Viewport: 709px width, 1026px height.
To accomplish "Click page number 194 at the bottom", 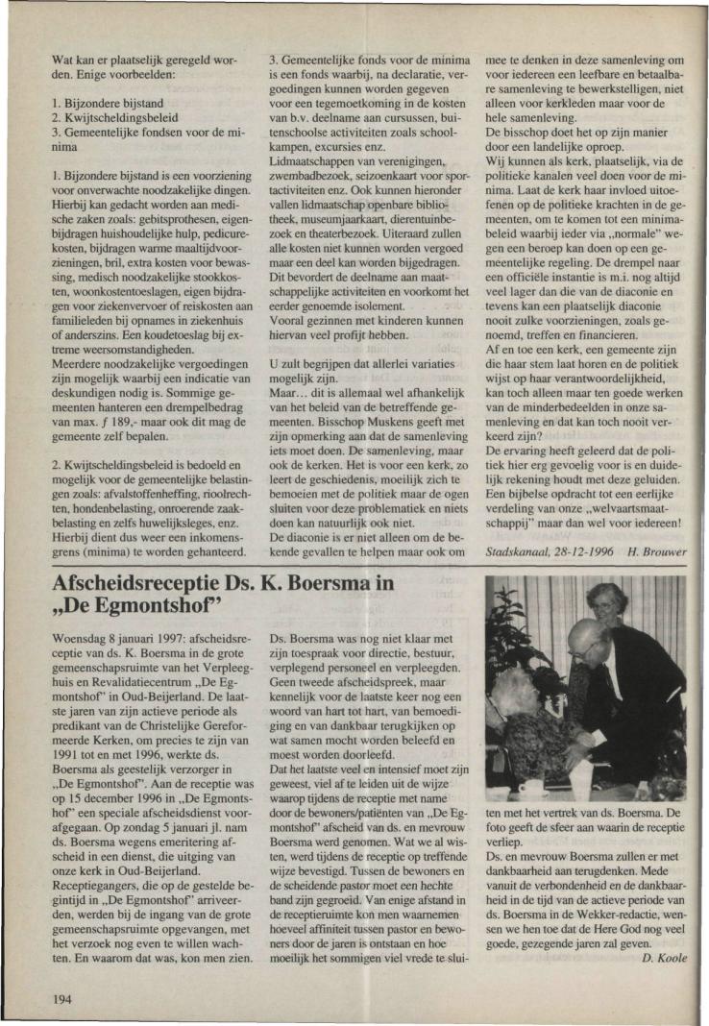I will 62,973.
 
